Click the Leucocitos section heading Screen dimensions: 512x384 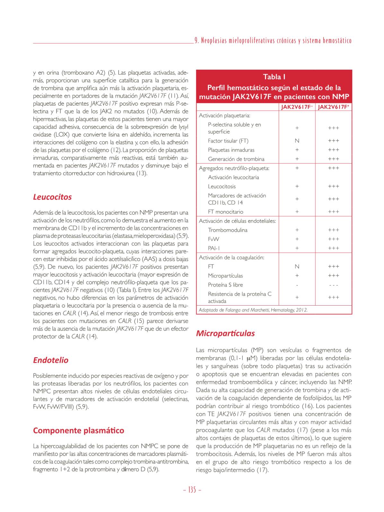pyautogui.click(x=52, y=197)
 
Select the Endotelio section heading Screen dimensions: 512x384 pyautogui.click(x=51, y=360)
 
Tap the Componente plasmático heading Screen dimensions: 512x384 pyautogui.click(x=78, y=430)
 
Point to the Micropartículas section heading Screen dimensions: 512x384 pyautogui.click(x=225, y=333)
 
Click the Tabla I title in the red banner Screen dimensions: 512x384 pyautogui.click(x=274, y=77)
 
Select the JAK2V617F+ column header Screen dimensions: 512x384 pyautogui.click(x=334, y=107)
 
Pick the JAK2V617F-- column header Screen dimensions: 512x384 pyautogui.click(x=297, y=107)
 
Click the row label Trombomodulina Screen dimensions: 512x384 pyautogui.click(x=227, y=230)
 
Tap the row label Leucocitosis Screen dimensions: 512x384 pyautogui.click(x=222, y=186)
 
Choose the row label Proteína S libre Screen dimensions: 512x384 pyautogui.click(x=225, y=285)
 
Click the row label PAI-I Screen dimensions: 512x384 pyautogui.click(x=214, y=248)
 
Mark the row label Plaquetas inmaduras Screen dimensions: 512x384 pyautogui.click(x=231, y=150)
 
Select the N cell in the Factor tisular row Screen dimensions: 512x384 pyautogui.click(x=297, y=141)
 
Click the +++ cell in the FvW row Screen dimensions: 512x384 pyautogui.click(x=334, y=239)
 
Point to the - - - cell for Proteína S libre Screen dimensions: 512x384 pyautogui.click(x=334, y=285)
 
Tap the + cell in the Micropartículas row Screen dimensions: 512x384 pyautogui.click(x=297, y=275)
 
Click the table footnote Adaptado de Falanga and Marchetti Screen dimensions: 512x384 pyautogui.click(x=253, y=310)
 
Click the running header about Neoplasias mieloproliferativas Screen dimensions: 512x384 pyautogui.click(x=273, y=41)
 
